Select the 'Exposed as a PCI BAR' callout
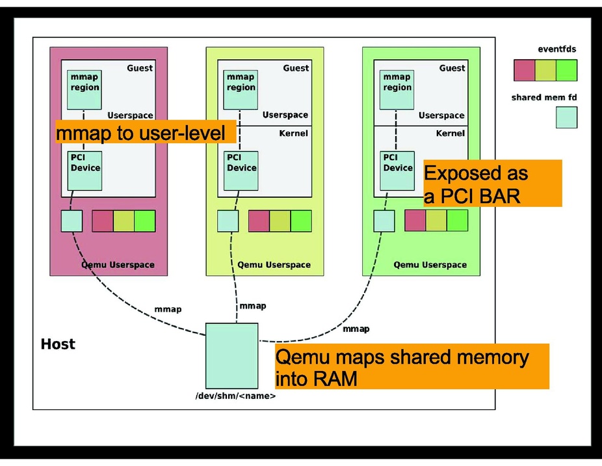(492, 184)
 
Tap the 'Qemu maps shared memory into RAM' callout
(412, 366)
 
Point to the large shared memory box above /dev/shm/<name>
(231, 355)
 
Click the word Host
(59, 344)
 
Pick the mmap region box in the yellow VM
(241, 90)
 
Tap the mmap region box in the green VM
(397, 90)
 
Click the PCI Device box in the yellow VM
(241, 171)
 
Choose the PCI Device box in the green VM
(397, 171)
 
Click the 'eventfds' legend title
(556, 49)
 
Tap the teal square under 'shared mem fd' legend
(566, 117)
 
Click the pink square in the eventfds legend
(524, 70)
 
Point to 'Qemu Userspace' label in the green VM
(430, 265)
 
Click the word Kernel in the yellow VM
(294, 133)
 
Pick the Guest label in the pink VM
(140, 68)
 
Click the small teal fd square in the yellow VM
(228, 221)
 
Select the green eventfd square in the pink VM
(145, 221)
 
